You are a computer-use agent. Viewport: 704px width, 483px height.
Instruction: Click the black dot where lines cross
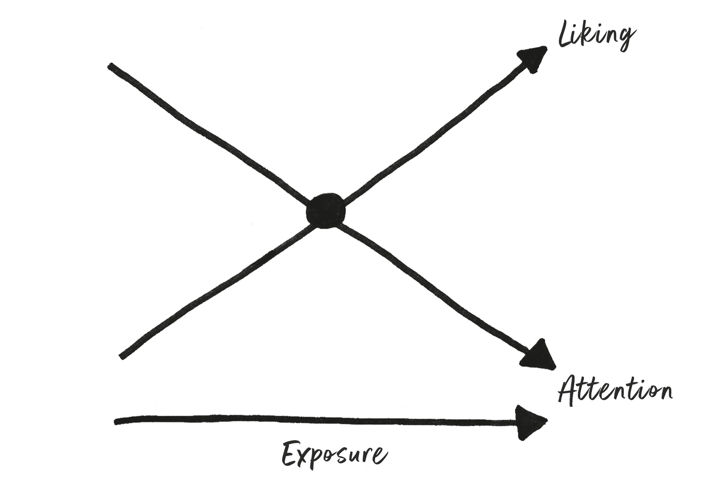click(x=324, y=212)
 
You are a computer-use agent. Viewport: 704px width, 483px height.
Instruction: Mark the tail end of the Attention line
click(x=110, y=66)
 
